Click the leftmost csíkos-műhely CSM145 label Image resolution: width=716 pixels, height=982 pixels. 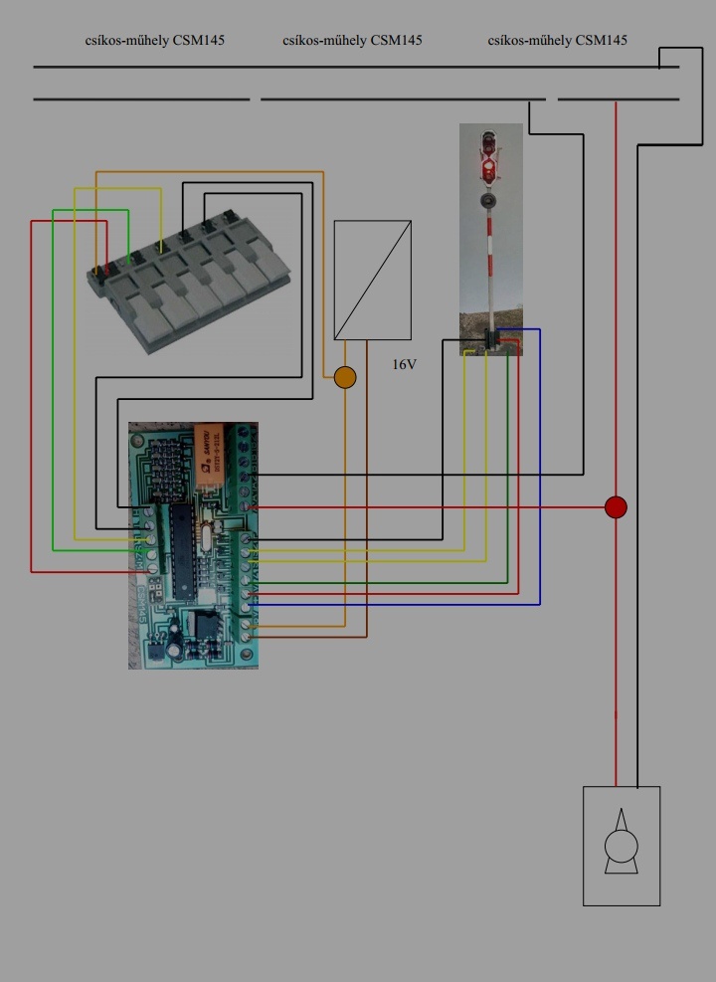155,41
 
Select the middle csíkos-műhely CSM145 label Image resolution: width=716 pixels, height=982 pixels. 352,41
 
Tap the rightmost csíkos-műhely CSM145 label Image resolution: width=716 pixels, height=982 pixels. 558,41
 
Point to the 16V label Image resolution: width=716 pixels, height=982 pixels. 404,365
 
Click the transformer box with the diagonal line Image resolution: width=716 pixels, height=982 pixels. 372,280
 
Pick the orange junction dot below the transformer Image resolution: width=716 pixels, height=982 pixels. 344,377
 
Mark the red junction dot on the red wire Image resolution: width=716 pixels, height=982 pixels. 616,507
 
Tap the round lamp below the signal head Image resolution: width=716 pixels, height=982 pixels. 488,200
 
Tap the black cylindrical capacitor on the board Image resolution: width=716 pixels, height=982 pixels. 174,648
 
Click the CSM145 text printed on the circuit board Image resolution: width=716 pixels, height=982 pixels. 141,617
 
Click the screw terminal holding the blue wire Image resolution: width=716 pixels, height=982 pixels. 246,604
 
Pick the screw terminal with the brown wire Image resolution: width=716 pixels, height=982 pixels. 246,636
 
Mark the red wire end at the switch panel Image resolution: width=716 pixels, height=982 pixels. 105,269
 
